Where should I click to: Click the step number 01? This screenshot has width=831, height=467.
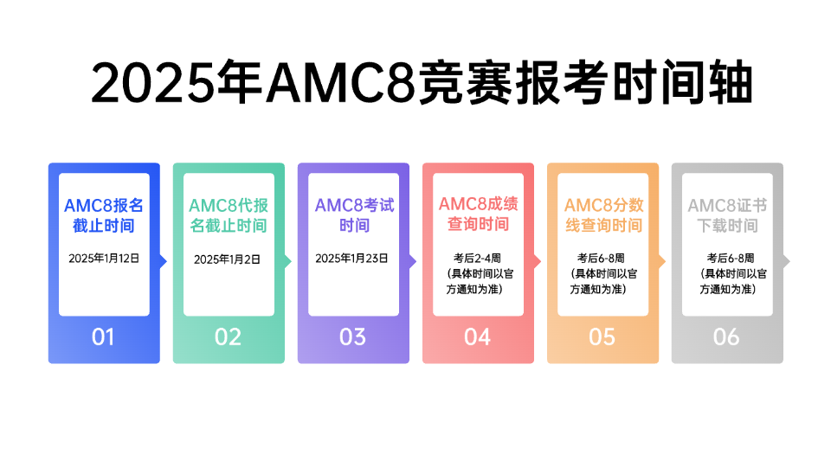pos(103,337)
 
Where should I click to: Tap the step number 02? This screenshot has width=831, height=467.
pos(228,337)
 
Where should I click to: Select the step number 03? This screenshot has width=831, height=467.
pos(352,337)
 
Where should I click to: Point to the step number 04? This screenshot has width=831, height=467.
pos(478,337)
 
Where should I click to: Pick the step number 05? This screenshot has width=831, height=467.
pos(602,337)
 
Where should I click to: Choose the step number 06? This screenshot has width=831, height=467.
pos(726,337)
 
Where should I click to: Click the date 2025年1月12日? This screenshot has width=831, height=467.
pos(104,259)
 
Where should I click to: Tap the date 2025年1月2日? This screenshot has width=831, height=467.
pos(227,259)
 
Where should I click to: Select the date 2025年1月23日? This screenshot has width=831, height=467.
pos(352,259)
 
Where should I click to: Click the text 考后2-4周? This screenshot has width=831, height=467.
pos(477,259)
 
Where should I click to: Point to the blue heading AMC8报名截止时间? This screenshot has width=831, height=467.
pos(104,215)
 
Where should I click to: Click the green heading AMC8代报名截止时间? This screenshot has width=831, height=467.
pos(229,215)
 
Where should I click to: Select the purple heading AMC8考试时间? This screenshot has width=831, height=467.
pos(355,215)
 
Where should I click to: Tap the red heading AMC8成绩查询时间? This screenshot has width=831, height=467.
pos(478,214)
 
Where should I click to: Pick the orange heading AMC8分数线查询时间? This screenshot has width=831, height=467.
pos(603,215)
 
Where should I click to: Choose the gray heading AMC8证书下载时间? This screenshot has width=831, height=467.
pos(728,215)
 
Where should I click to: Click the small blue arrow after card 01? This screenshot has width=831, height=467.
pos(164,261)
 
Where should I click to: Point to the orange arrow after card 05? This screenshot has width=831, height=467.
pos(662,261)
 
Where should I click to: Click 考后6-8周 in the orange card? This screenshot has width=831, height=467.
pos(601,259)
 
